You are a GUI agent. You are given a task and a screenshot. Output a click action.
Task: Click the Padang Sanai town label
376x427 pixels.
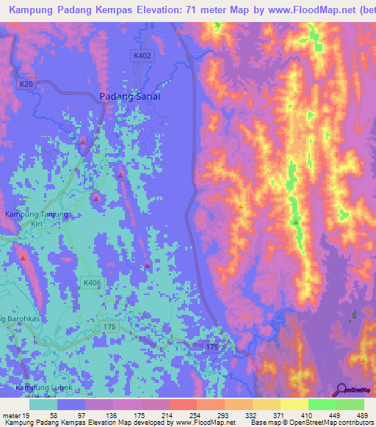point(129,96)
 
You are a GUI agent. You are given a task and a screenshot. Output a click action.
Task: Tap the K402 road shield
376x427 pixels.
point(142,55)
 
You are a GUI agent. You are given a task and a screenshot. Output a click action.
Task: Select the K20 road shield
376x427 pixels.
point(27,85)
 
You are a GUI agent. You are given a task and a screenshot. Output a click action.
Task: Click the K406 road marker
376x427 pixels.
point(92,282)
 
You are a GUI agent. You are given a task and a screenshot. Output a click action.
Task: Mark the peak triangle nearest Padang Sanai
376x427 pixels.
point(83,141)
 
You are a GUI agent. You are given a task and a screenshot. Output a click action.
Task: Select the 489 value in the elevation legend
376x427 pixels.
point(361,415)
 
